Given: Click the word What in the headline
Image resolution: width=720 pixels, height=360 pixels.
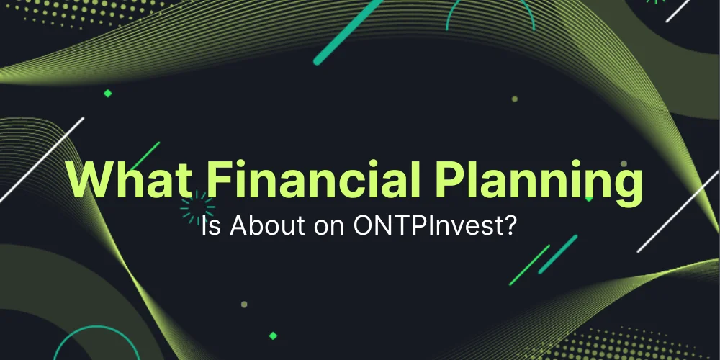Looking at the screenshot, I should pos(120,180).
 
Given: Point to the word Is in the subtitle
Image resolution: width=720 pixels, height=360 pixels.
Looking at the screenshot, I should pos(208,228).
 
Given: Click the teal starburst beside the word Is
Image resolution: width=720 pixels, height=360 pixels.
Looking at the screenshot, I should pos(193,208).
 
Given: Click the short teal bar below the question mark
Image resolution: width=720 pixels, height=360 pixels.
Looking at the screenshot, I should pos(558,254).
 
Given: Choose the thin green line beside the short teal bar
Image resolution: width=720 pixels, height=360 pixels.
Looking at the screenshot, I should pos(529,266).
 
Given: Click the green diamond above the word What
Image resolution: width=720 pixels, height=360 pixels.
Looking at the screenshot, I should pos(108,94).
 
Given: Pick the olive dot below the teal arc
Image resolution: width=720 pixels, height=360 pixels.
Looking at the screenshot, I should pos(514,99).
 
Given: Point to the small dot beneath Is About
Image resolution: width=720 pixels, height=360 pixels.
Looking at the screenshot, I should pos(244,305).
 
